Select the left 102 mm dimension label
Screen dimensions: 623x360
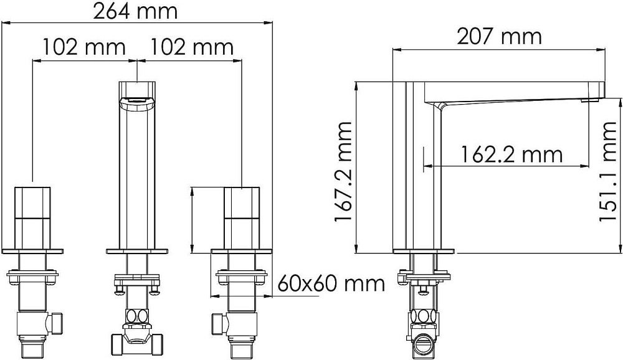[x=84, y=47]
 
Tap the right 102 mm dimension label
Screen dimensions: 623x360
[x=191, y=47]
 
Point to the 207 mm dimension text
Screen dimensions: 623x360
[x=500, y=37]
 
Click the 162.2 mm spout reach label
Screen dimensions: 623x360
[x=511, y=154]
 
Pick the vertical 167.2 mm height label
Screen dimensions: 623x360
[x=343, y=172]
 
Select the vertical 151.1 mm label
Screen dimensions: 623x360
[x=607, y=172]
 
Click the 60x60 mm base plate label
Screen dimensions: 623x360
[x=331, y=284]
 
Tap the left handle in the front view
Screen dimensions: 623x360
[x=32, y=218]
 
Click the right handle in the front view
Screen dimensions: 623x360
[x=242, y=218]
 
